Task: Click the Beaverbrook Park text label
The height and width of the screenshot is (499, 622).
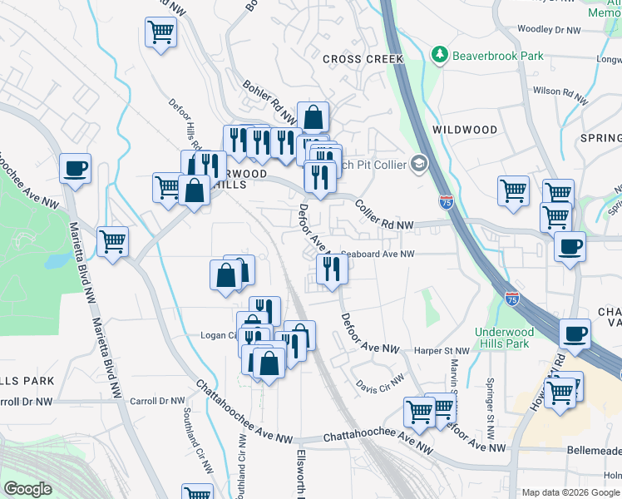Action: pos(497,56)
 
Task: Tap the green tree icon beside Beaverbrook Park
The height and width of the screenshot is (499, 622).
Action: pos(438,55)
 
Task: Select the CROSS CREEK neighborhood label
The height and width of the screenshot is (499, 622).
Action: pos(363,59)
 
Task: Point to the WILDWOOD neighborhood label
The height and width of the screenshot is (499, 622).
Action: pos(465,130)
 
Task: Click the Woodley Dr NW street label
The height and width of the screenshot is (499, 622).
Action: pos(547,29)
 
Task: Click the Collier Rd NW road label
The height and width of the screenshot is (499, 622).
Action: pos(383,215)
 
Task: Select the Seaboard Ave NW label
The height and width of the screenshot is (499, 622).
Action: pos(377,254)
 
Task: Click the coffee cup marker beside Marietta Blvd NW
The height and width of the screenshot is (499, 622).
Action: pos(75,168)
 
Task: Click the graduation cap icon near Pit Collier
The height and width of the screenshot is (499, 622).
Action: pos(418,164)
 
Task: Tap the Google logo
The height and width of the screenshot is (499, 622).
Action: pos(27,489)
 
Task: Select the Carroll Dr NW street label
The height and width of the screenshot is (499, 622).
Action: pos(26,401)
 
